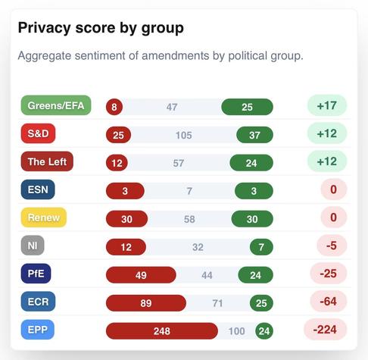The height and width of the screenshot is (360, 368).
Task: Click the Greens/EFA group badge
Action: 56,105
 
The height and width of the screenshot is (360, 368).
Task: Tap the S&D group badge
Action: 38,133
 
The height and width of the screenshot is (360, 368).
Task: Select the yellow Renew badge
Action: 44,218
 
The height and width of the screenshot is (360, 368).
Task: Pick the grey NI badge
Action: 33,246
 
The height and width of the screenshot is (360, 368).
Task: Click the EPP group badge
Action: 38,330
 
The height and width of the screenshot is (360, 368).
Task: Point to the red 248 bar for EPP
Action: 162,331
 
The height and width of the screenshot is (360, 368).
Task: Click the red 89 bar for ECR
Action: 146,303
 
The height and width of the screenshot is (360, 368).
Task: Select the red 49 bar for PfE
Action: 141,275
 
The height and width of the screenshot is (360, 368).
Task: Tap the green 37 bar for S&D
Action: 254,135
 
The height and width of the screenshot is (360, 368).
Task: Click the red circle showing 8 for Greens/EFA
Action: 114,107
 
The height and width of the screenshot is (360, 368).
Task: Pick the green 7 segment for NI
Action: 261,247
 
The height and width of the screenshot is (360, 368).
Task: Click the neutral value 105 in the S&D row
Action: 184,135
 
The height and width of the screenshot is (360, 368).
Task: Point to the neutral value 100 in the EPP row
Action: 236,331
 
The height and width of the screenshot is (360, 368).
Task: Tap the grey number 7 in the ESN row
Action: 189,191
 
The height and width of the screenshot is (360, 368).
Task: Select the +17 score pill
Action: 327,105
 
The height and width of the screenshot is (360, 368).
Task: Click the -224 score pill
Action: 325,330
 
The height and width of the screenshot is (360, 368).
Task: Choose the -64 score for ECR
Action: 329,302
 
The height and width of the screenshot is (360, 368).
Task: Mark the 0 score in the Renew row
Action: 334,218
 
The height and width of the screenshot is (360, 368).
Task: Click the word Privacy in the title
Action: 44,28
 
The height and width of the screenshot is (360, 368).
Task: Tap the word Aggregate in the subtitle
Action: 45,56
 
